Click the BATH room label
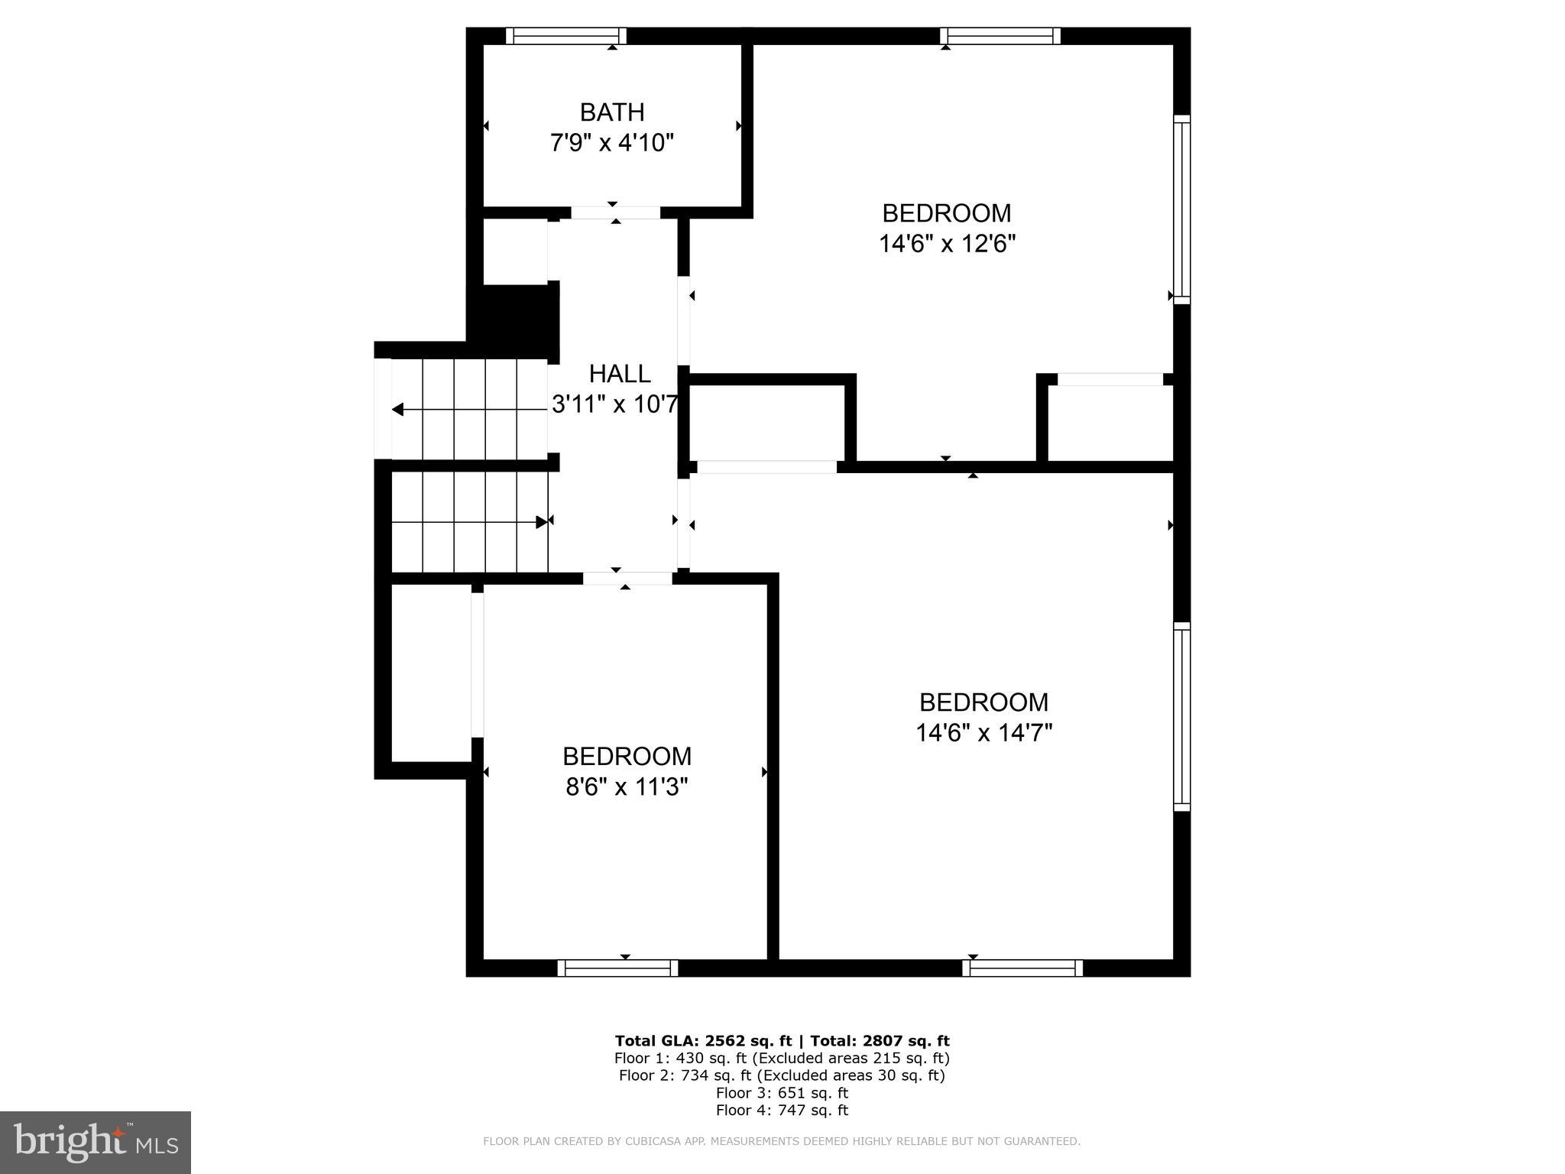point(612,112)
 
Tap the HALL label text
point(620,374)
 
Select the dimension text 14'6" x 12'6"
point(947,244)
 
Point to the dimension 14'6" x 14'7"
point(984,733)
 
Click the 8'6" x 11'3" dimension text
point(627,786)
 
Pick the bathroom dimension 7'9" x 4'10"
point(612,143)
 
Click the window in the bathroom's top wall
point(566,36)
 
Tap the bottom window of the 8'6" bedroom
point(617,968)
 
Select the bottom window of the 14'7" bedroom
point(1022,968)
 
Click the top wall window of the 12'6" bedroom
point(1000,36)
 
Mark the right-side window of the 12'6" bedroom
point(1181,209)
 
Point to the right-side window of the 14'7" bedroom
point(1181,717)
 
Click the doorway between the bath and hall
point(616,212)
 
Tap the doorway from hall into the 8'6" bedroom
point(627,579)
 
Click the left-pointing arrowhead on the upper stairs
point(397,410)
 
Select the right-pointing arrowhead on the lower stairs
point(542,522)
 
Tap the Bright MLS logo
point(96,1142)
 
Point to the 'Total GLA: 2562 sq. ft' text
point(703,1040)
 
